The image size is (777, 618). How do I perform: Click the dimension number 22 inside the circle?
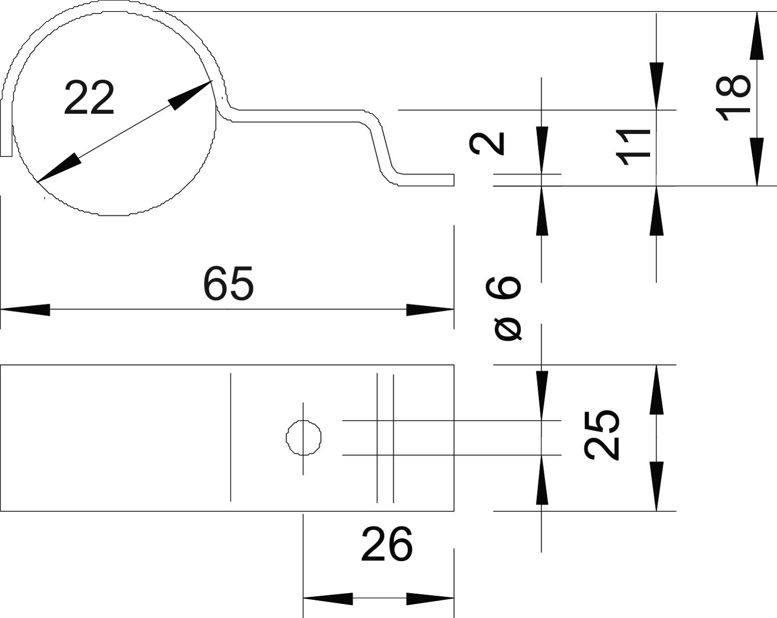click(89, 98)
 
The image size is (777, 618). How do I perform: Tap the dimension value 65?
click(228, 284)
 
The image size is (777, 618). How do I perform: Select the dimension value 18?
click(732, 98)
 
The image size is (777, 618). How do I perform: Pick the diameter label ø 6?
click(508, 308)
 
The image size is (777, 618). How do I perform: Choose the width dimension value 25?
click(602, 435)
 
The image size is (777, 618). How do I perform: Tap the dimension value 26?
click(386, 544)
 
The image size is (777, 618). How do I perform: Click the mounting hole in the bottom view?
click(304, 438)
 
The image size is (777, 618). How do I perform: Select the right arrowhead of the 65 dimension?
click(430, 310)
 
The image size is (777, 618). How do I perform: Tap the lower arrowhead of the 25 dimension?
click(656, 487)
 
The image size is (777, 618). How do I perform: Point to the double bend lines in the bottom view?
click(385, 438)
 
